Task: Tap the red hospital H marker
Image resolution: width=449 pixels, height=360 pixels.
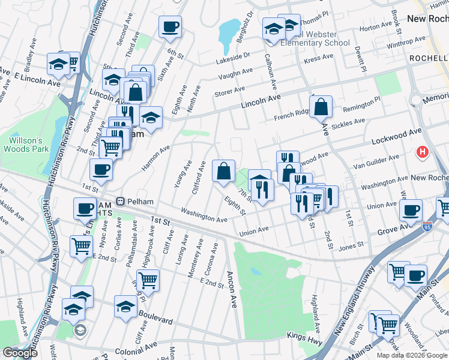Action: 423,152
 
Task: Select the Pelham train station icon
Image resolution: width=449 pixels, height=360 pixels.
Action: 121,200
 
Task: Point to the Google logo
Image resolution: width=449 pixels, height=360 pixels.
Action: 20,353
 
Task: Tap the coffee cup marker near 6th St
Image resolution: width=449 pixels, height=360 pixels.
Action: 170,26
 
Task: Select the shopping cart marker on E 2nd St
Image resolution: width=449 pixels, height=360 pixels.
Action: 148,280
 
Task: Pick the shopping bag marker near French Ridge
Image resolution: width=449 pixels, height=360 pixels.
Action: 322,107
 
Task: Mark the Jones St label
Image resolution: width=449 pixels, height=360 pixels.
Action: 352,245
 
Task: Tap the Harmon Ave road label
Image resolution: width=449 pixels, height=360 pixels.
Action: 157,157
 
